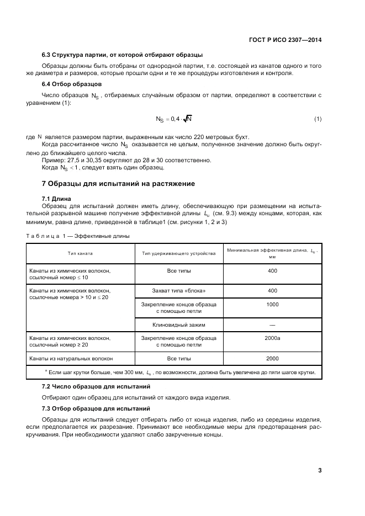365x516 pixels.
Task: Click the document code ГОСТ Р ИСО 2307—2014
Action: (286, 40)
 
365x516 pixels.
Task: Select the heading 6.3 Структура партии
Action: (122, 55)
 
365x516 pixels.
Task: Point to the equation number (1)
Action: (318, 119)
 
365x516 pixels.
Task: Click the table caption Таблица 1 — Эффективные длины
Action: (78, 236)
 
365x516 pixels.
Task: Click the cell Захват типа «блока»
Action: (179, 290)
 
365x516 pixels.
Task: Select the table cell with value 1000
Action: (272, 304)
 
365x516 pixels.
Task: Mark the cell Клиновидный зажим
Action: (179, 325)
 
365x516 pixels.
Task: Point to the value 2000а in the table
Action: (272, 338)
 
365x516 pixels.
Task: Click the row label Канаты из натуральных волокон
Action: (71, 358)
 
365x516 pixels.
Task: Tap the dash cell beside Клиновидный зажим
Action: (272, 325)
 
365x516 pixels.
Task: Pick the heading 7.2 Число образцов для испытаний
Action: (96, 386)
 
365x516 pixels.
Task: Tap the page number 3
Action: (320, 471)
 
